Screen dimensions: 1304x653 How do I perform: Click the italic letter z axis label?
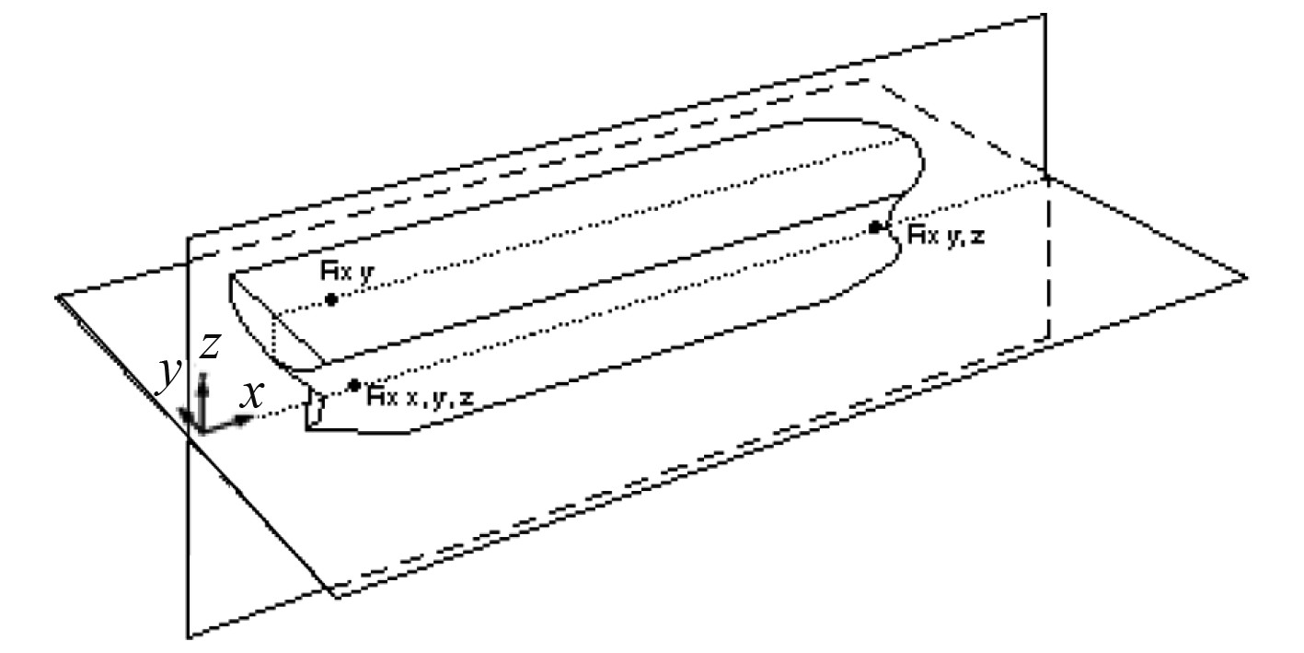click(x=210, y=346)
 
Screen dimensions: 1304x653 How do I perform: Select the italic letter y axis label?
click(x=168, y=375)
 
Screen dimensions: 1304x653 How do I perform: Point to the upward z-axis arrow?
click(x=204, y=391)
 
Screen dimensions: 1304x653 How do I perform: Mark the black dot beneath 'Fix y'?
click(x=331, y=299)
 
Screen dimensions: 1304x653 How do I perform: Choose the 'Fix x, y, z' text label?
click(x=421, y=397)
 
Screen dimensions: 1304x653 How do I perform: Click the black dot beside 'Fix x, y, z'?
click(x=354, y=385)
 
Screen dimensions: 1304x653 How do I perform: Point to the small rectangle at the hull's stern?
click(x=316, y=407)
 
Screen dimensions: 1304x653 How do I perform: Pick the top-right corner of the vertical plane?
click(x=1045, y=14)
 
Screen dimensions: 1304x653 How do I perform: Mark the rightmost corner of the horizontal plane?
click(x=1247, y=276)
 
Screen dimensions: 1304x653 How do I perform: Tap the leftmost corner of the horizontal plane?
click(x=58, y=297)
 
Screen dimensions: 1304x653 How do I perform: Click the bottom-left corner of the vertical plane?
click(x=188, y=636)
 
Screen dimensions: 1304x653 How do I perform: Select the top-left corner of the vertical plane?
click(x=188, y=238)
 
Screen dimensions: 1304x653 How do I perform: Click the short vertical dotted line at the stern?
click(x=275, y=336)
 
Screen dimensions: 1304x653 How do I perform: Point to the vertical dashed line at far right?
click(x=1048, y=276)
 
